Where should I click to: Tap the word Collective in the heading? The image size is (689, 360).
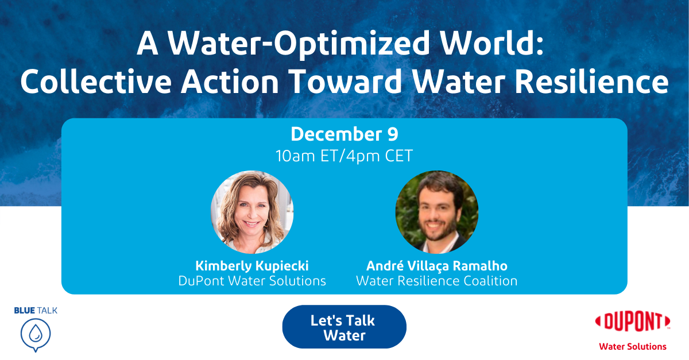(x=96, y=81)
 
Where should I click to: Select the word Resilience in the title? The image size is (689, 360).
(x=591, y=81)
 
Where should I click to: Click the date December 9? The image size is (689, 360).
(x=344, y=134)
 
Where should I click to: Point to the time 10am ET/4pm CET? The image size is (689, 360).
(x=344, y=156)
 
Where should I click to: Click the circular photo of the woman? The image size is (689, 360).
(x=252, y=212)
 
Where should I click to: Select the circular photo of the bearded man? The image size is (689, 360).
(x=437, y=212)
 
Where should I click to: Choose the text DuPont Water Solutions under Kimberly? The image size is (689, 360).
(x=252, y=281)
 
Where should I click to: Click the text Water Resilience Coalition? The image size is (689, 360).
(x=437, y=281)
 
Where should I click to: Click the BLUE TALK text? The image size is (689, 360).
(x=36, y=311)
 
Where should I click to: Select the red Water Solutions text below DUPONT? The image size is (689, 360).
(x=633, y=347)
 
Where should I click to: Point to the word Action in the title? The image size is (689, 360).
(x=230, y=81)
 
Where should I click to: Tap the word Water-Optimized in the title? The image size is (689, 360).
(x=299, y=44)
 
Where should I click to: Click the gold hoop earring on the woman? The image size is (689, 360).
(x=266, y=222)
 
